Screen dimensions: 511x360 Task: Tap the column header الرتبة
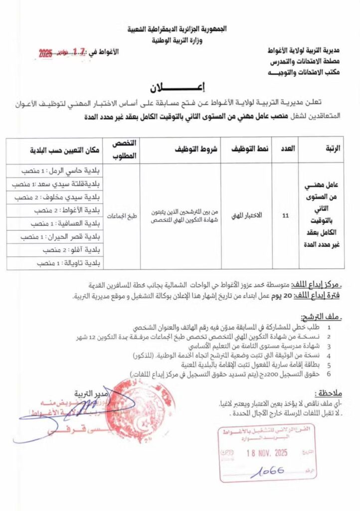point(330,149)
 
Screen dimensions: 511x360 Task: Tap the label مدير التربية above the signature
point(74,393)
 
